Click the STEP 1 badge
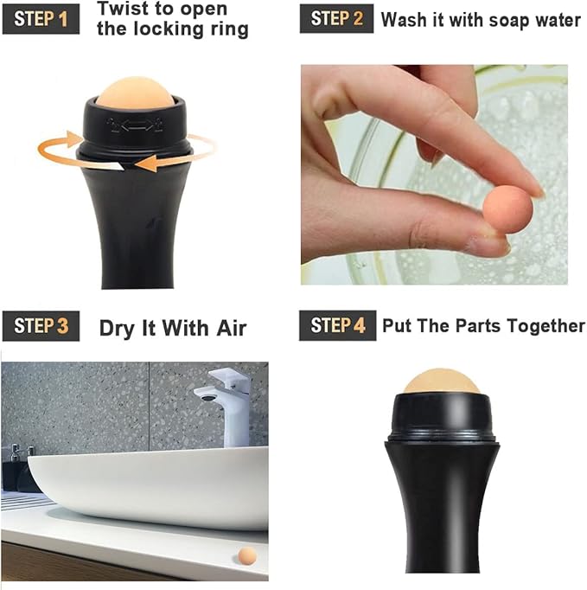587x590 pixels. point(41,18)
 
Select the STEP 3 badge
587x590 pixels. point(41,326)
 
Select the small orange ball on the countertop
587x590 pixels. point(246,555)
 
